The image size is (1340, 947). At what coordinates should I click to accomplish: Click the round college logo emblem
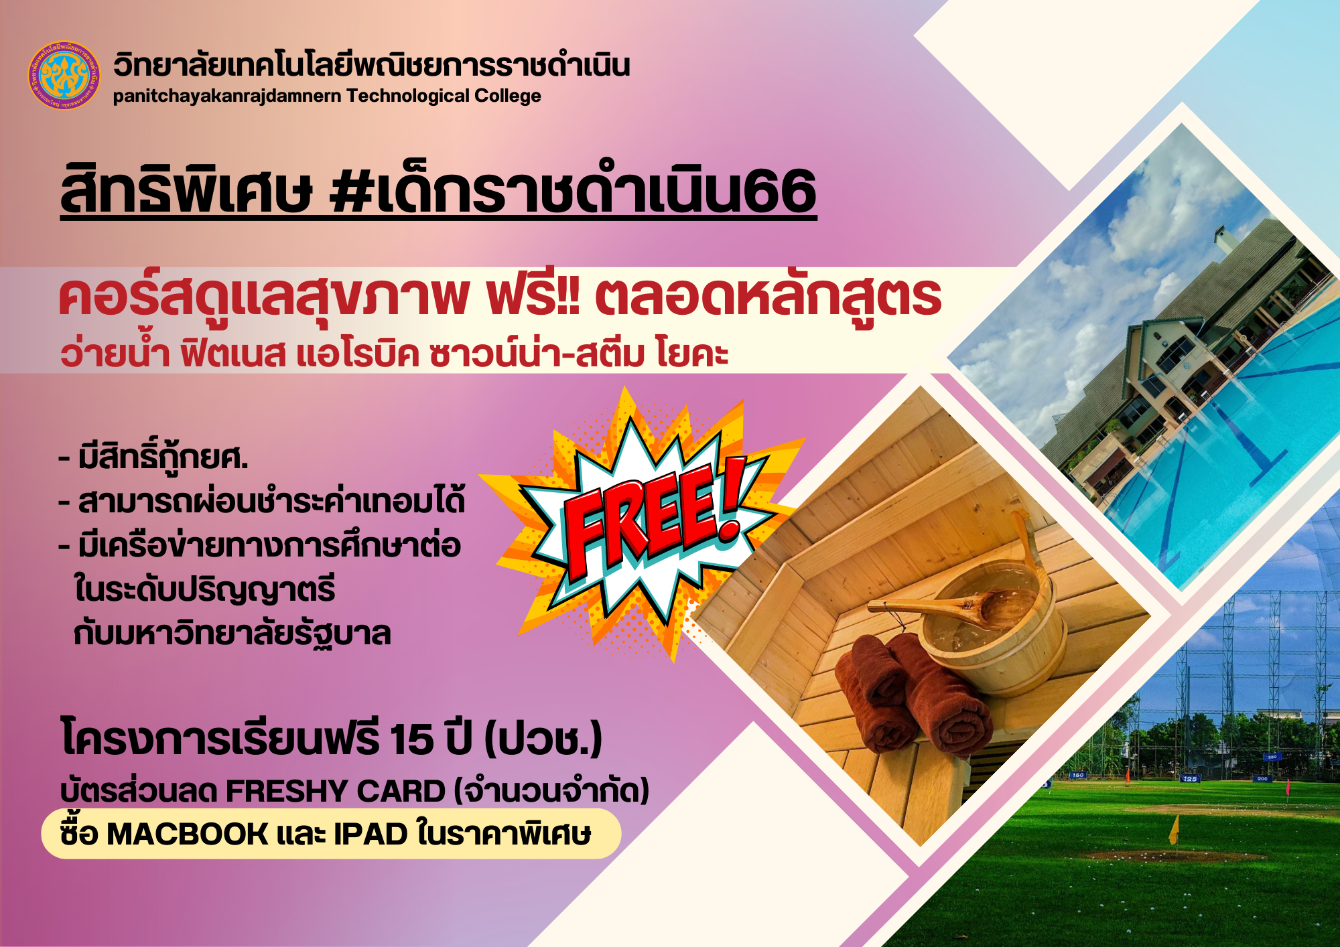(64, 75)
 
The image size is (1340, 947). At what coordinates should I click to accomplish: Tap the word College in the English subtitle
(507, 96)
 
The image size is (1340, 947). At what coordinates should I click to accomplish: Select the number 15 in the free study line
(411, 739)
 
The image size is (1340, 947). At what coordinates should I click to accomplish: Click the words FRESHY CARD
(336, 792)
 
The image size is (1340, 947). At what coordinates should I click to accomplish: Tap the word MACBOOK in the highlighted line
(188, 834)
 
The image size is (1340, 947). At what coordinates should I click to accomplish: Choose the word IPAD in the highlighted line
(371, 834)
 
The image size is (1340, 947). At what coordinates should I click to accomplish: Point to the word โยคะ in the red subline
(693, 353)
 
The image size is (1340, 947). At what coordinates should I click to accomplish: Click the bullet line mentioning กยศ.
(153, 458)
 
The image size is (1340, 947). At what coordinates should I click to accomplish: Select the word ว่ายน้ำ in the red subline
(115, 353)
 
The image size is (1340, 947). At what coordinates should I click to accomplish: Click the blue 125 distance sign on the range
(1190, 779)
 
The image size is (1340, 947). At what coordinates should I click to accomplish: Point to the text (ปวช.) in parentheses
(543, 739)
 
